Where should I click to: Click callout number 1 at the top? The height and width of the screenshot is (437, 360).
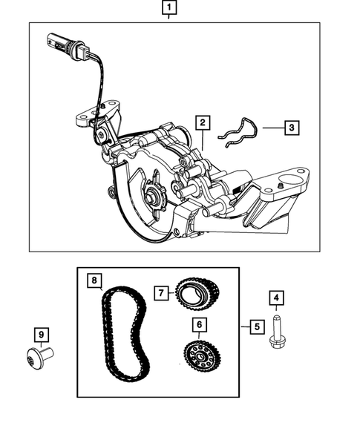[x=171, y=9]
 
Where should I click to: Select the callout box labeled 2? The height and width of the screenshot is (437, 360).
[x=203, y=122]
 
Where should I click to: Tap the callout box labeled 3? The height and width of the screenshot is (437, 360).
[x=292, y=128]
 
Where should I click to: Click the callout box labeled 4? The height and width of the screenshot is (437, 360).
[x=276, y=300]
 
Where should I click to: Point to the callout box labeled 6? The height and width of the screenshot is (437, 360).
[x=198, y=324]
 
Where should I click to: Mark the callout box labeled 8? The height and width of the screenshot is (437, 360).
[x=94, y=281]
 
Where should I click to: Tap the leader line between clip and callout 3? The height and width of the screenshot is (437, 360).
[x=271, y=128]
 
